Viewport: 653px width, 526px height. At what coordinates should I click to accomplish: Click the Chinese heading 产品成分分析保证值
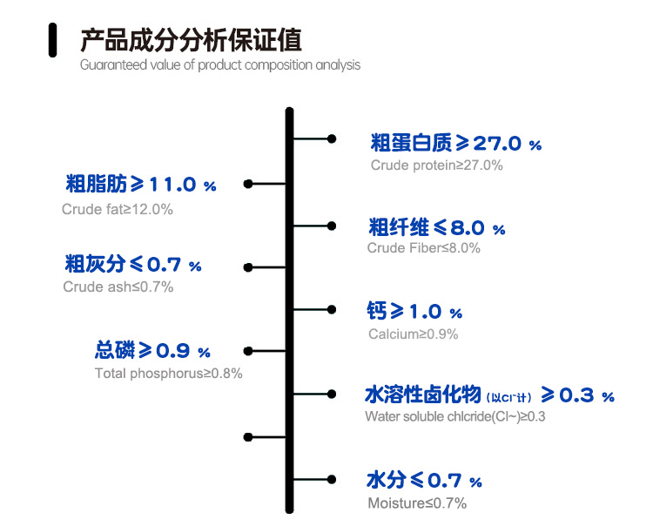point(191,40)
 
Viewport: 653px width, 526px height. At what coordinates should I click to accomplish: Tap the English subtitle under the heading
point(220,65)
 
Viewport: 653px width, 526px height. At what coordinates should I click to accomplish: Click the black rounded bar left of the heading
point(52,40)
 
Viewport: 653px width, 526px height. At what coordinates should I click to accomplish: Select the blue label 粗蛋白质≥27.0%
point(455,143)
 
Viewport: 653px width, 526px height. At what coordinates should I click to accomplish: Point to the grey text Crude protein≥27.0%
point(436,165)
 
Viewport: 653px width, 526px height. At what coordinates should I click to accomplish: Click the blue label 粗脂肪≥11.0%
point(141,184)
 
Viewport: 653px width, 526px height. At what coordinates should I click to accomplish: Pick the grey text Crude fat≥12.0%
point(117,209)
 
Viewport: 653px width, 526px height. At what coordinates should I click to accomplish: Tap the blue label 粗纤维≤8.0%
point(437,227)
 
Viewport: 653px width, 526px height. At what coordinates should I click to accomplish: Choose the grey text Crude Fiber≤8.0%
point(423,248)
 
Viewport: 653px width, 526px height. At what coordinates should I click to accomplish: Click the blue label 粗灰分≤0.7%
point(133,264)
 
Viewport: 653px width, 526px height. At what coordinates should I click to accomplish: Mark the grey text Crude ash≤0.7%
point(118,287)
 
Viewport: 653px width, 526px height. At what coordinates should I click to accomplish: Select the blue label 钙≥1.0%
point(414,311)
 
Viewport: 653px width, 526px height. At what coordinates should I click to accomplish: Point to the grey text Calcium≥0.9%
point(413,334)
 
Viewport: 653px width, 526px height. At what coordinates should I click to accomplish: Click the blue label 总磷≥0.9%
point(152,350)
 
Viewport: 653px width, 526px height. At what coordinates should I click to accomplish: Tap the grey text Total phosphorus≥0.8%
point(169,373)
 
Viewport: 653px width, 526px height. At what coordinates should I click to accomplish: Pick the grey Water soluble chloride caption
point(454,416)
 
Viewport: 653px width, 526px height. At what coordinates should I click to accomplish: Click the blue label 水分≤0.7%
point(424,480)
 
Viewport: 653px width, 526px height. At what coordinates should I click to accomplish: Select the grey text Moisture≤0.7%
point(417,503)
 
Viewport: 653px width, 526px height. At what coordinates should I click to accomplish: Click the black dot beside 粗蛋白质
point(332,138)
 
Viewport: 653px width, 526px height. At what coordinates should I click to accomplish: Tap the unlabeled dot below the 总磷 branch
point(248,437)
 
